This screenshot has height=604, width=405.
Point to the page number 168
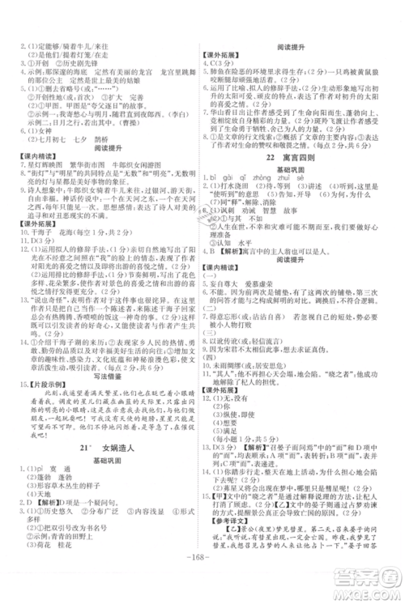(202, 581)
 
